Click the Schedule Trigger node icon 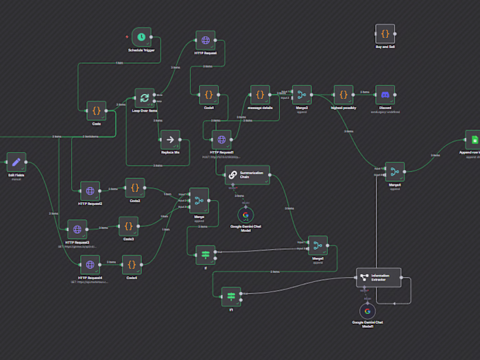click(141, 37)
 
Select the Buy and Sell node click(385, 33)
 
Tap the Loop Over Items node click(145, 98)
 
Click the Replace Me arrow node click(170, 139)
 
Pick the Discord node click(385, 95)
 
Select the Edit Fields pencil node click(16, 162)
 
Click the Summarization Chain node click(247, 174)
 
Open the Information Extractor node click(379, 277)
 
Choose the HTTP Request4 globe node click(90, 264)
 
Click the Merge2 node click(302, 95)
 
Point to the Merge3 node click(317, 245)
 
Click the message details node click(260, 95)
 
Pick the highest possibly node click(343, 95)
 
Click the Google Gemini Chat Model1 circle click(368, 312)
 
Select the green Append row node click(472, 139)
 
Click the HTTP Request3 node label click(77, 241)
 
